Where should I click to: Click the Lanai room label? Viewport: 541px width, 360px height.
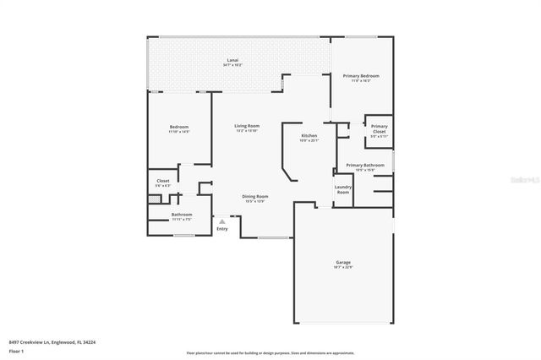tap(232, 61)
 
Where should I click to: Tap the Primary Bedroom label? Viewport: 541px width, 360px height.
tap(361, 76)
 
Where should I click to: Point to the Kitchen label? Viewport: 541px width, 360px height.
tap(309, 135)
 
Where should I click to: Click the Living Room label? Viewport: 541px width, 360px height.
tap(247, 126)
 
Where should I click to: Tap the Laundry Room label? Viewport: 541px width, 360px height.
tap(343, 189)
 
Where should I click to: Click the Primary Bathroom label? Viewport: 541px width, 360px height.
tap(365, 165)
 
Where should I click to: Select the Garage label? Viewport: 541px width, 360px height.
tap(343, 263)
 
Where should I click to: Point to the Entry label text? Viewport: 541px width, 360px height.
tap(222, 229)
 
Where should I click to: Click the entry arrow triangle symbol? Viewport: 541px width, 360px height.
tap(222, 221)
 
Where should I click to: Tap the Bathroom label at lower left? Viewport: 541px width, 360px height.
tap(182, 215)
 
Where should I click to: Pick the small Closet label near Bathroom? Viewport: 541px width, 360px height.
tap(163, 181)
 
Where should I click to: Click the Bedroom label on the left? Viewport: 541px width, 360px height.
tap(179, 127)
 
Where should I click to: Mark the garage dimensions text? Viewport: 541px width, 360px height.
tap(343, 268)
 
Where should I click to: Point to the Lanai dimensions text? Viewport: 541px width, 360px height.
tap(232, 66)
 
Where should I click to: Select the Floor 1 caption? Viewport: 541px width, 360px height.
tap(17, 350)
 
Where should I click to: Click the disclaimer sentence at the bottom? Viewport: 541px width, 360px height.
tap(270, 352)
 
